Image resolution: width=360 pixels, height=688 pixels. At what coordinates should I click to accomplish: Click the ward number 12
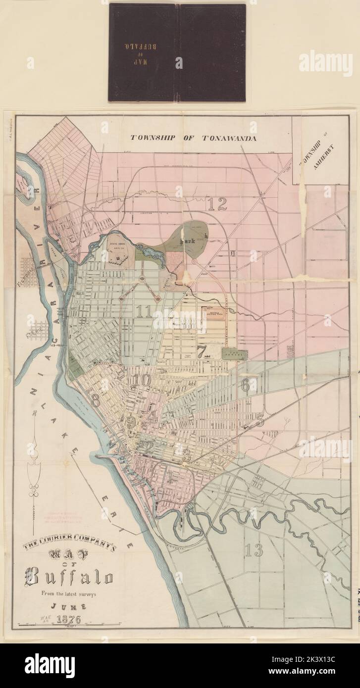click(x=217, y=204)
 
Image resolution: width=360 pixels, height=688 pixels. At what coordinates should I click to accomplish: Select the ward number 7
click(x=202, y=352)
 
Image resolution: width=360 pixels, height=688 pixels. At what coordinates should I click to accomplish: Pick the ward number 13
click(x=253, y=550)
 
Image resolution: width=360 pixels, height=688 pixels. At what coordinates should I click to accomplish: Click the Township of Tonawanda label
click(x=193, y=138)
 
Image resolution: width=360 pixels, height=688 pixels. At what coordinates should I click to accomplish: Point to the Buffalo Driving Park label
click(x=216, y=313)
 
